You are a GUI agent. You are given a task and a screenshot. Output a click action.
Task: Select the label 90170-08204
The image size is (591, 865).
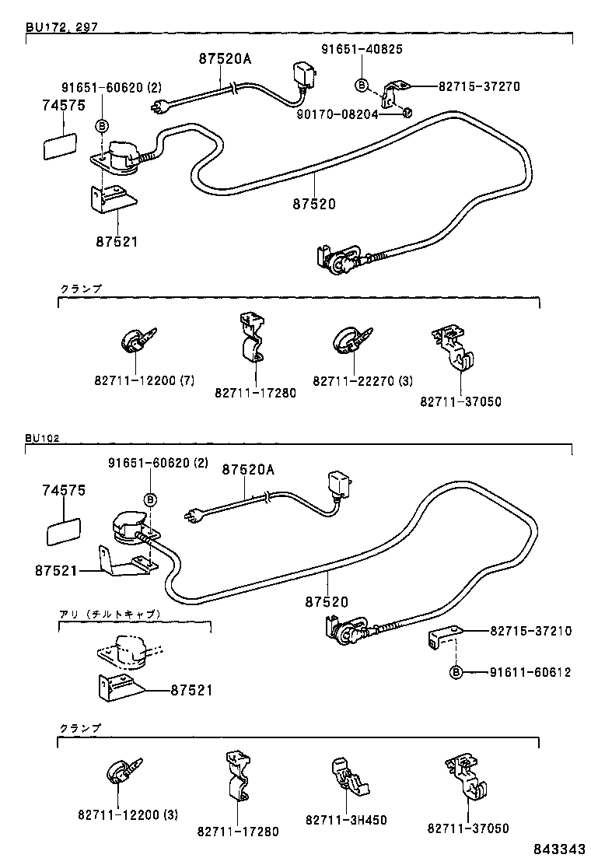point(338,114)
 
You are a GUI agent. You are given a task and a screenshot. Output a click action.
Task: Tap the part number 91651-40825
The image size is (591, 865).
point(362,49)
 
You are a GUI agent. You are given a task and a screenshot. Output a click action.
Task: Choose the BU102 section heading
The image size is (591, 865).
point(42,438)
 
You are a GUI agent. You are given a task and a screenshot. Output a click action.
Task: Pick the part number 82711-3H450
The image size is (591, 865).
point(346,820)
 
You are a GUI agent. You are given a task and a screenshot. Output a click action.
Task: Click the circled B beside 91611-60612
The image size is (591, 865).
point(456,672)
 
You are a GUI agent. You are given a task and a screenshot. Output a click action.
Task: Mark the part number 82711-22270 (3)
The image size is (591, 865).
point(362,380)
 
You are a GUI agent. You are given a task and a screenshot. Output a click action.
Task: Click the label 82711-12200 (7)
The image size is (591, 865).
point(144,380)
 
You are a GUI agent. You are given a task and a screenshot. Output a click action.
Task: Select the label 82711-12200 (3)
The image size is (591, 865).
point(128,814)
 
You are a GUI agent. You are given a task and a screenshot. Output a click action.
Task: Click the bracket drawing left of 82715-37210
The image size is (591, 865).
point(442,637)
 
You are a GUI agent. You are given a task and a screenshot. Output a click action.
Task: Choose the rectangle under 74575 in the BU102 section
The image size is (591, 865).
point(64,534)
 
